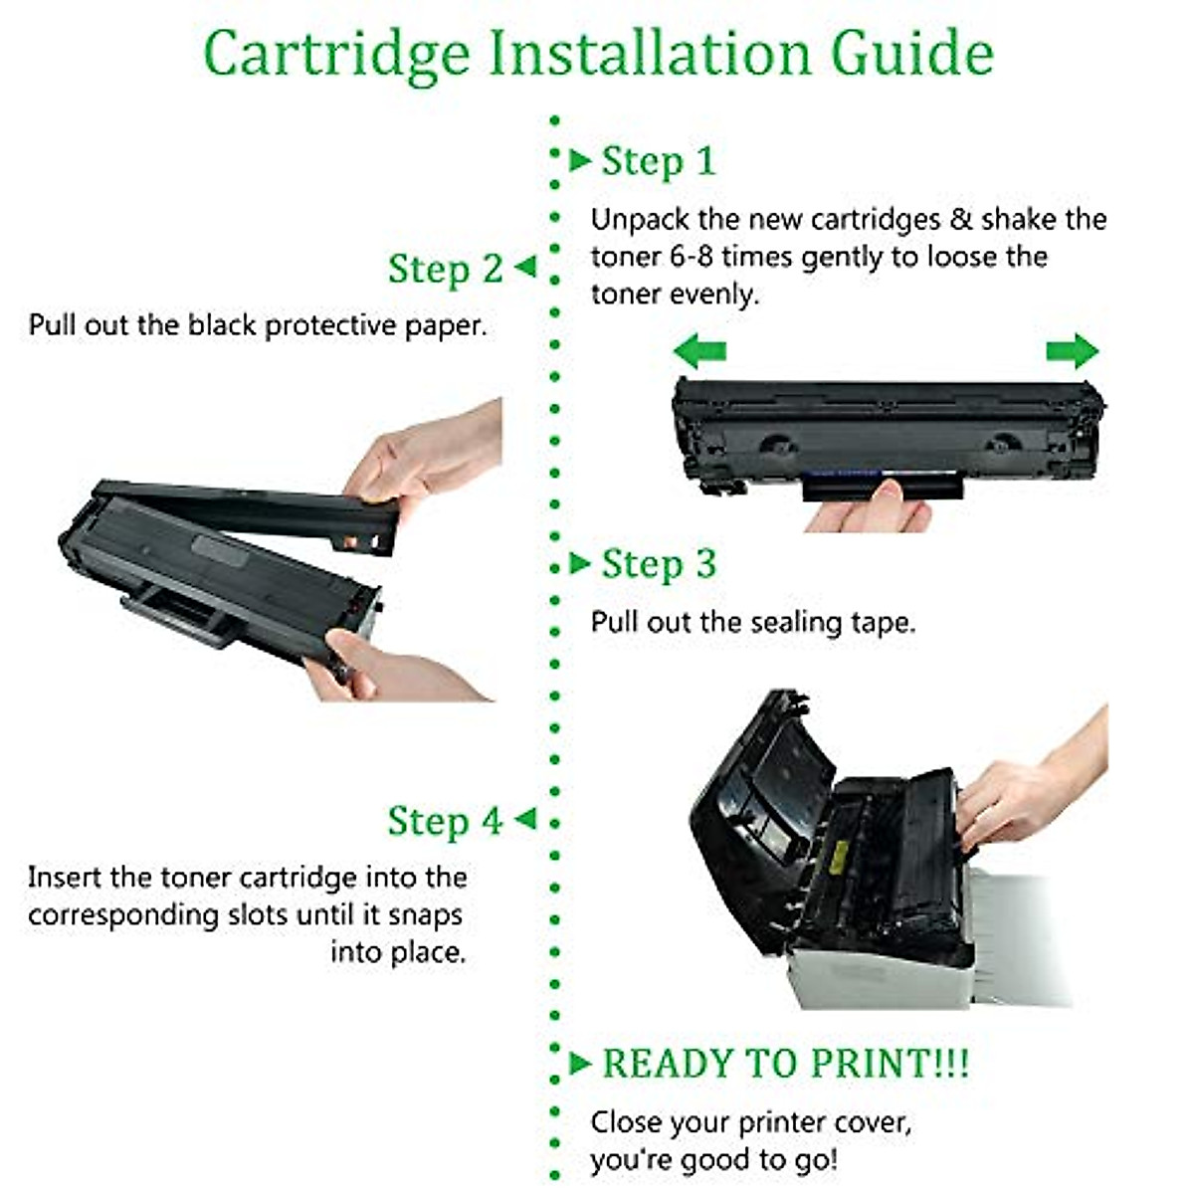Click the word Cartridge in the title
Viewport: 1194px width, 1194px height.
(336, 54)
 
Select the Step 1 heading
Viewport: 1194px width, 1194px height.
(658, 161)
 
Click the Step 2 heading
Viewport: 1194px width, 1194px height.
(445, 269)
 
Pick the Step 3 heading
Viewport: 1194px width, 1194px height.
(658, 564)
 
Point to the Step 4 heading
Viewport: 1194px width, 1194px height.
(445, 821)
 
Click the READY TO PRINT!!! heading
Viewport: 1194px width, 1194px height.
(785, 1063)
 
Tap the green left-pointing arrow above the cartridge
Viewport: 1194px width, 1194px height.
(699, 351)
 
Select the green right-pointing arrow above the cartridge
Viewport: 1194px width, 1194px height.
(1072, 351)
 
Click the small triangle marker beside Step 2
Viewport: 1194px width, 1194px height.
(524, 267)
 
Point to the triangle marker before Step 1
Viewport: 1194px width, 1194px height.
(580, 160)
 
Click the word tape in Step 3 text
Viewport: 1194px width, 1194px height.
(880, 623)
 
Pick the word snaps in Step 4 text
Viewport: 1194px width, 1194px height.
(425, 914)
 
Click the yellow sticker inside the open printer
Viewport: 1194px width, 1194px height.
(839, 853)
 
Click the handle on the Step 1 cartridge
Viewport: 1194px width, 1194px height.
(882, 489)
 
